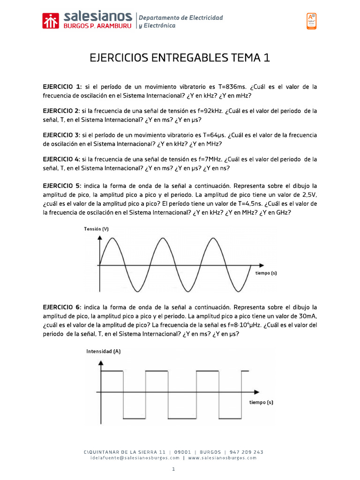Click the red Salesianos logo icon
click(51, 21)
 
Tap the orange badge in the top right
click(311, 21)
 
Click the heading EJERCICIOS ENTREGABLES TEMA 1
click(180, 58)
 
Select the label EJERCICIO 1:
click(62, 87)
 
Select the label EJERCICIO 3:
click(62, 135)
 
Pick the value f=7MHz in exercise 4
click(209, 159)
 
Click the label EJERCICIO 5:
click(62, 186)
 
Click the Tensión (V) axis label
click(97, 229)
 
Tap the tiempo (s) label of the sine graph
click(266, 273)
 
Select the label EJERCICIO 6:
click(62, 307)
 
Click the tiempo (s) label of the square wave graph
click(261, 402)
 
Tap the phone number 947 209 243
click(246, 452)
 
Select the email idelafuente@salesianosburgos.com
click(135, 458)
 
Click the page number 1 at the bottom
click(173, 469)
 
